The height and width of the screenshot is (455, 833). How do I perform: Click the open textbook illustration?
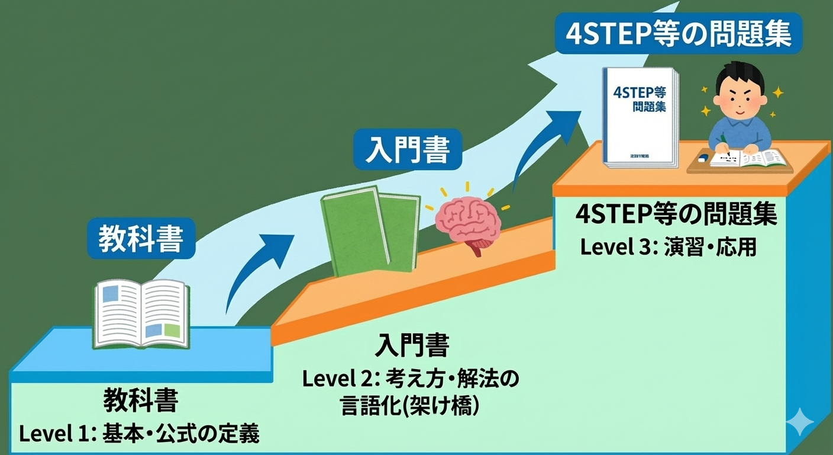tap(142, 314)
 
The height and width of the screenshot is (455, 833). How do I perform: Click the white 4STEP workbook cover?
tap(639, 116)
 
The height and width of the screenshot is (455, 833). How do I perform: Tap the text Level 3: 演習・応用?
tap(669, 247)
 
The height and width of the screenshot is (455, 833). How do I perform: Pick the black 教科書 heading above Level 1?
tap(141, 401)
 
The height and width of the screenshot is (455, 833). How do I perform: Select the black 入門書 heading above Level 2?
tap(412, 345)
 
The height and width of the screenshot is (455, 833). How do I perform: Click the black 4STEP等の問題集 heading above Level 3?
tap(676, 214)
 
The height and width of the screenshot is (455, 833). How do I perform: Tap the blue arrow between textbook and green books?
tap(254, 267)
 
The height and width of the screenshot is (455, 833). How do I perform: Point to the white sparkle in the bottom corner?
tap(799, 422)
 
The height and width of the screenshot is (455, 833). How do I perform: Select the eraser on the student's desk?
tap(702, 158)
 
